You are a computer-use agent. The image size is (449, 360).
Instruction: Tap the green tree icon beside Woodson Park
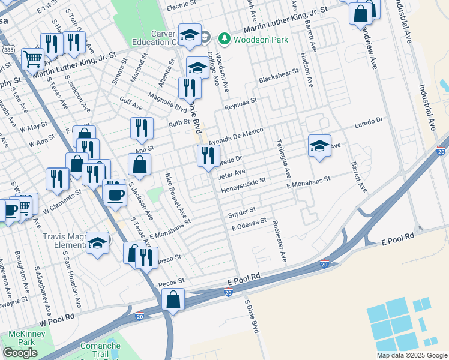(x=224, y=39)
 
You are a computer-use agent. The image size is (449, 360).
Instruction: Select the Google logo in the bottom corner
(x=20, y=353)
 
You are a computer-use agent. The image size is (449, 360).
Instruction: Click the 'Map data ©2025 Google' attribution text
(x=412, y=355)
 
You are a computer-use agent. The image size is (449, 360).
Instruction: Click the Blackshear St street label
(x=274, y=80)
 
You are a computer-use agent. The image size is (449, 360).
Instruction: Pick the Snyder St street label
(x=242, y=211)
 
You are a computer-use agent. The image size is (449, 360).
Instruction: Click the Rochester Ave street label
(x=280, y=241)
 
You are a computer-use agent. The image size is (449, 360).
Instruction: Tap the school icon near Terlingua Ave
(x=319, y=145)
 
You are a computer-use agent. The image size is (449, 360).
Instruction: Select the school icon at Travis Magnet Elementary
(x=97, y=242)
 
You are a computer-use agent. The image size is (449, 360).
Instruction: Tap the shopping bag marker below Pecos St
(x=173, y=299)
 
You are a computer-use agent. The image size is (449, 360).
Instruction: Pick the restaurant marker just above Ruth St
(x=142, y=128)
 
